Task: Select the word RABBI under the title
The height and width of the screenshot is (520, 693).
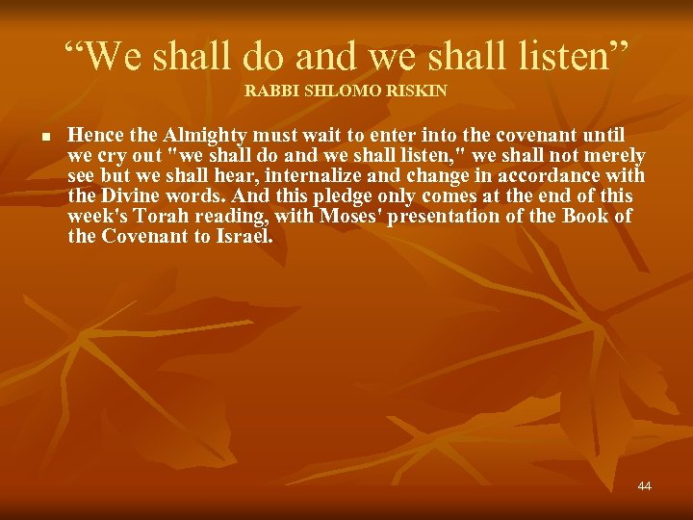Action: coord(269,91)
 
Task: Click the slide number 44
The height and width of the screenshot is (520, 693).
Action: coord(644,486)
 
